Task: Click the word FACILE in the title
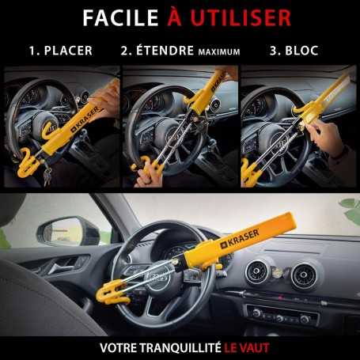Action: tap(116, 17)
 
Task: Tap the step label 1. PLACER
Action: tap(60, 51)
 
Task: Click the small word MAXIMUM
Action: tap(218, 52)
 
